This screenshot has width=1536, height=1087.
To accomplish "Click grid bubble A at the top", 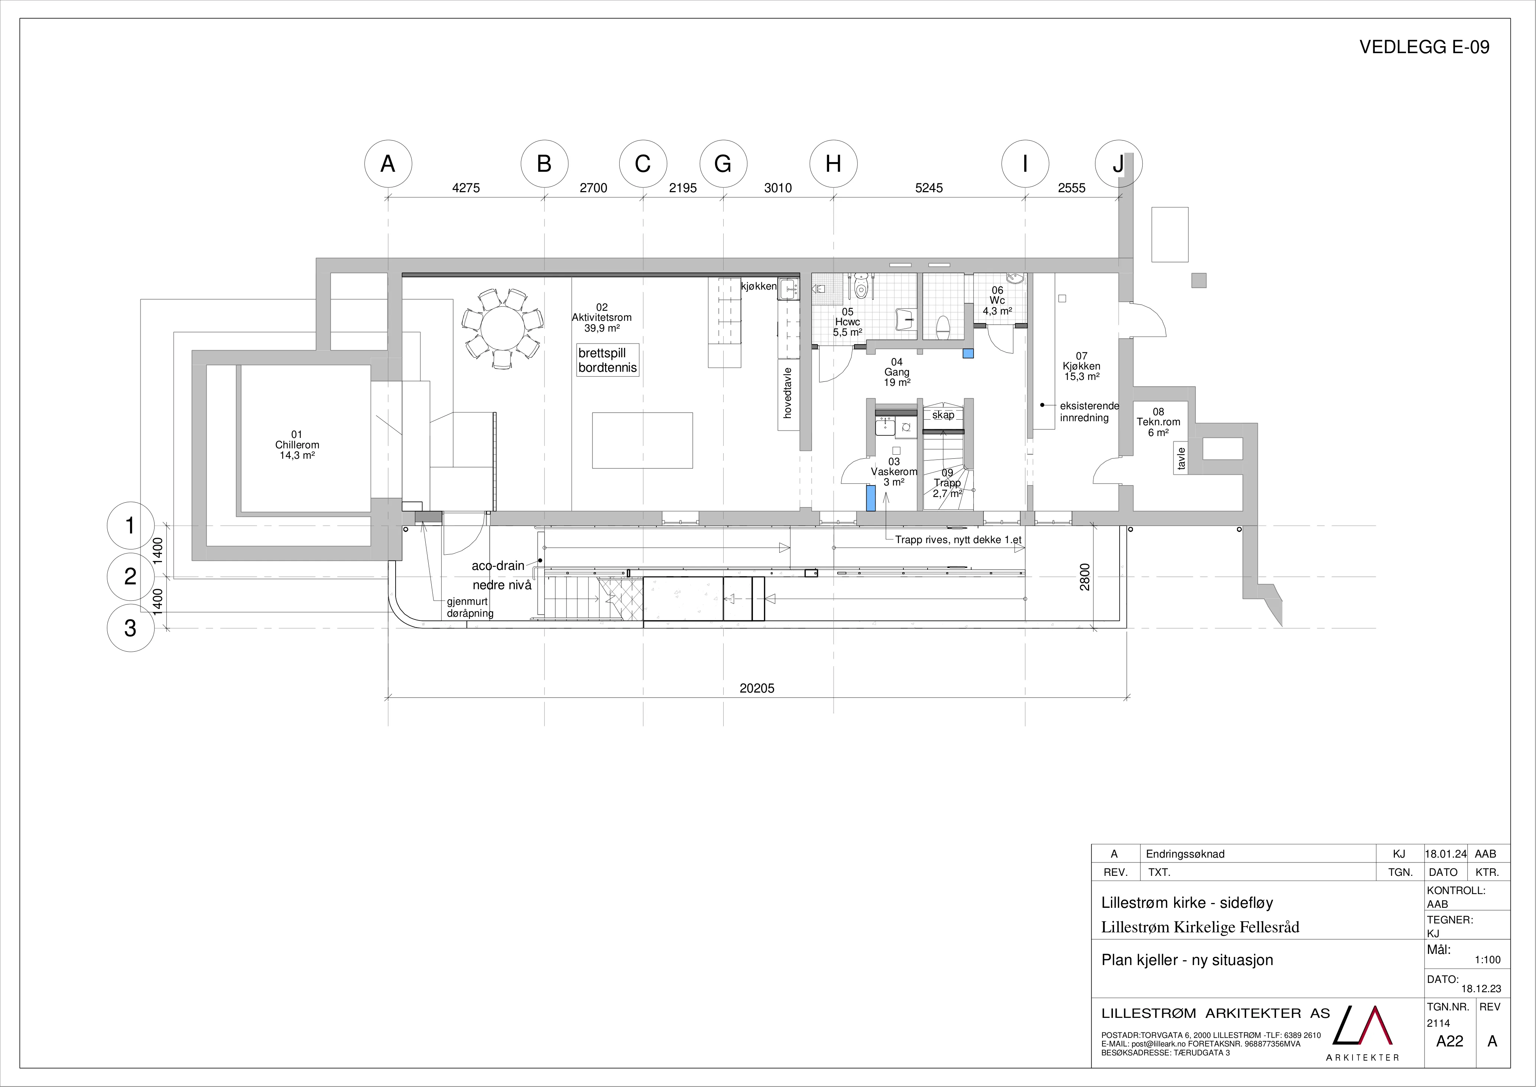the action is pyautogui.click(x=388, y=164).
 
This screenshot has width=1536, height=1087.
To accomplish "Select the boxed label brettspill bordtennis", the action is pyautogui.click(x=607, y=360).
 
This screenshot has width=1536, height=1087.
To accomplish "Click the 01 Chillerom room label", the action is pyautogui.click(x=297, y=445).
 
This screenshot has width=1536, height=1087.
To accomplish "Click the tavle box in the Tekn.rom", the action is pyautogui.click(x=1181, y=459).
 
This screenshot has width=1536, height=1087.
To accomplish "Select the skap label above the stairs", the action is pyautogui.click(x=943, y=415).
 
